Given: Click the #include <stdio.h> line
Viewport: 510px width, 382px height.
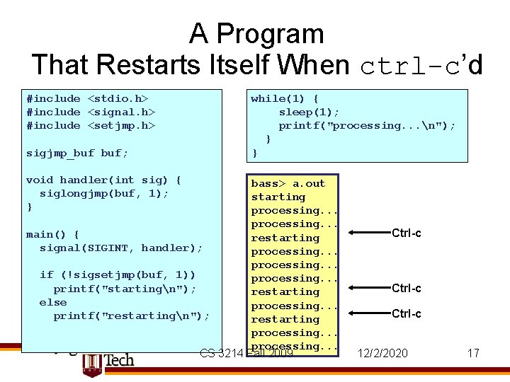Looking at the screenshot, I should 88,98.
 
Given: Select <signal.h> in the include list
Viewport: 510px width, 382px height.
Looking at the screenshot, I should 121,112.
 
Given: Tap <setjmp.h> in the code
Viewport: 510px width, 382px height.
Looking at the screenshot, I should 121,125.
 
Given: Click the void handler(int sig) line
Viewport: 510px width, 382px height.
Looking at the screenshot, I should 103,180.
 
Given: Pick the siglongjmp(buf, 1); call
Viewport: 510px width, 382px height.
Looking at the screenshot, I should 104,193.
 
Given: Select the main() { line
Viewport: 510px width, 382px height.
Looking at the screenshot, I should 52,234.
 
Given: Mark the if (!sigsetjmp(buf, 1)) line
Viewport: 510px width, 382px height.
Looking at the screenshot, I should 118,274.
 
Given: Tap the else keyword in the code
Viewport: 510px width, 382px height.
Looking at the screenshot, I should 53,302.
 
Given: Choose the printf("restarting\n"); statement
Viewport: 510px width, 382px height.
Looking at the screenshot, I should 131,316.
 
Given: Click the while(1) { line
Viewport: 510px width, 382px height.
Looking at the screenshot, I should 285,98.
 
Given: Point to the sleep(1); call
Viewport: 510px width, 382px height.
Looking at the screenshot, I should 309,112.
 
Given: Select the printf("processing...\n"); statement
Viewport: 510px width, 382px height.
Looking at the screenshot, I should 367,125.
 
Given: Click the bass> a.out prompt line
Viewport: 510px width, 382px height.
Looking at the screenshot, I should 288,183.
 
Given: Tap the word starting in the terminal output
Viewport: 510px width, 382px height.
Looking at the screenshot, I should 278,197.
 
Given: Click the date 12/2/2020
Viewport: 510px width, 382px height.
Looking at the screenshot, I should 382,352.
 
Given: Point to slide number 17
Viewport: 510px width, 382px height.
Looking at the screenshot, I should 473,352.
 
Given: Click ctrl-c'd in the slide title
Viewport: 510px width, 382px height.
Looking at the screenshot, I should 421,66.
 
